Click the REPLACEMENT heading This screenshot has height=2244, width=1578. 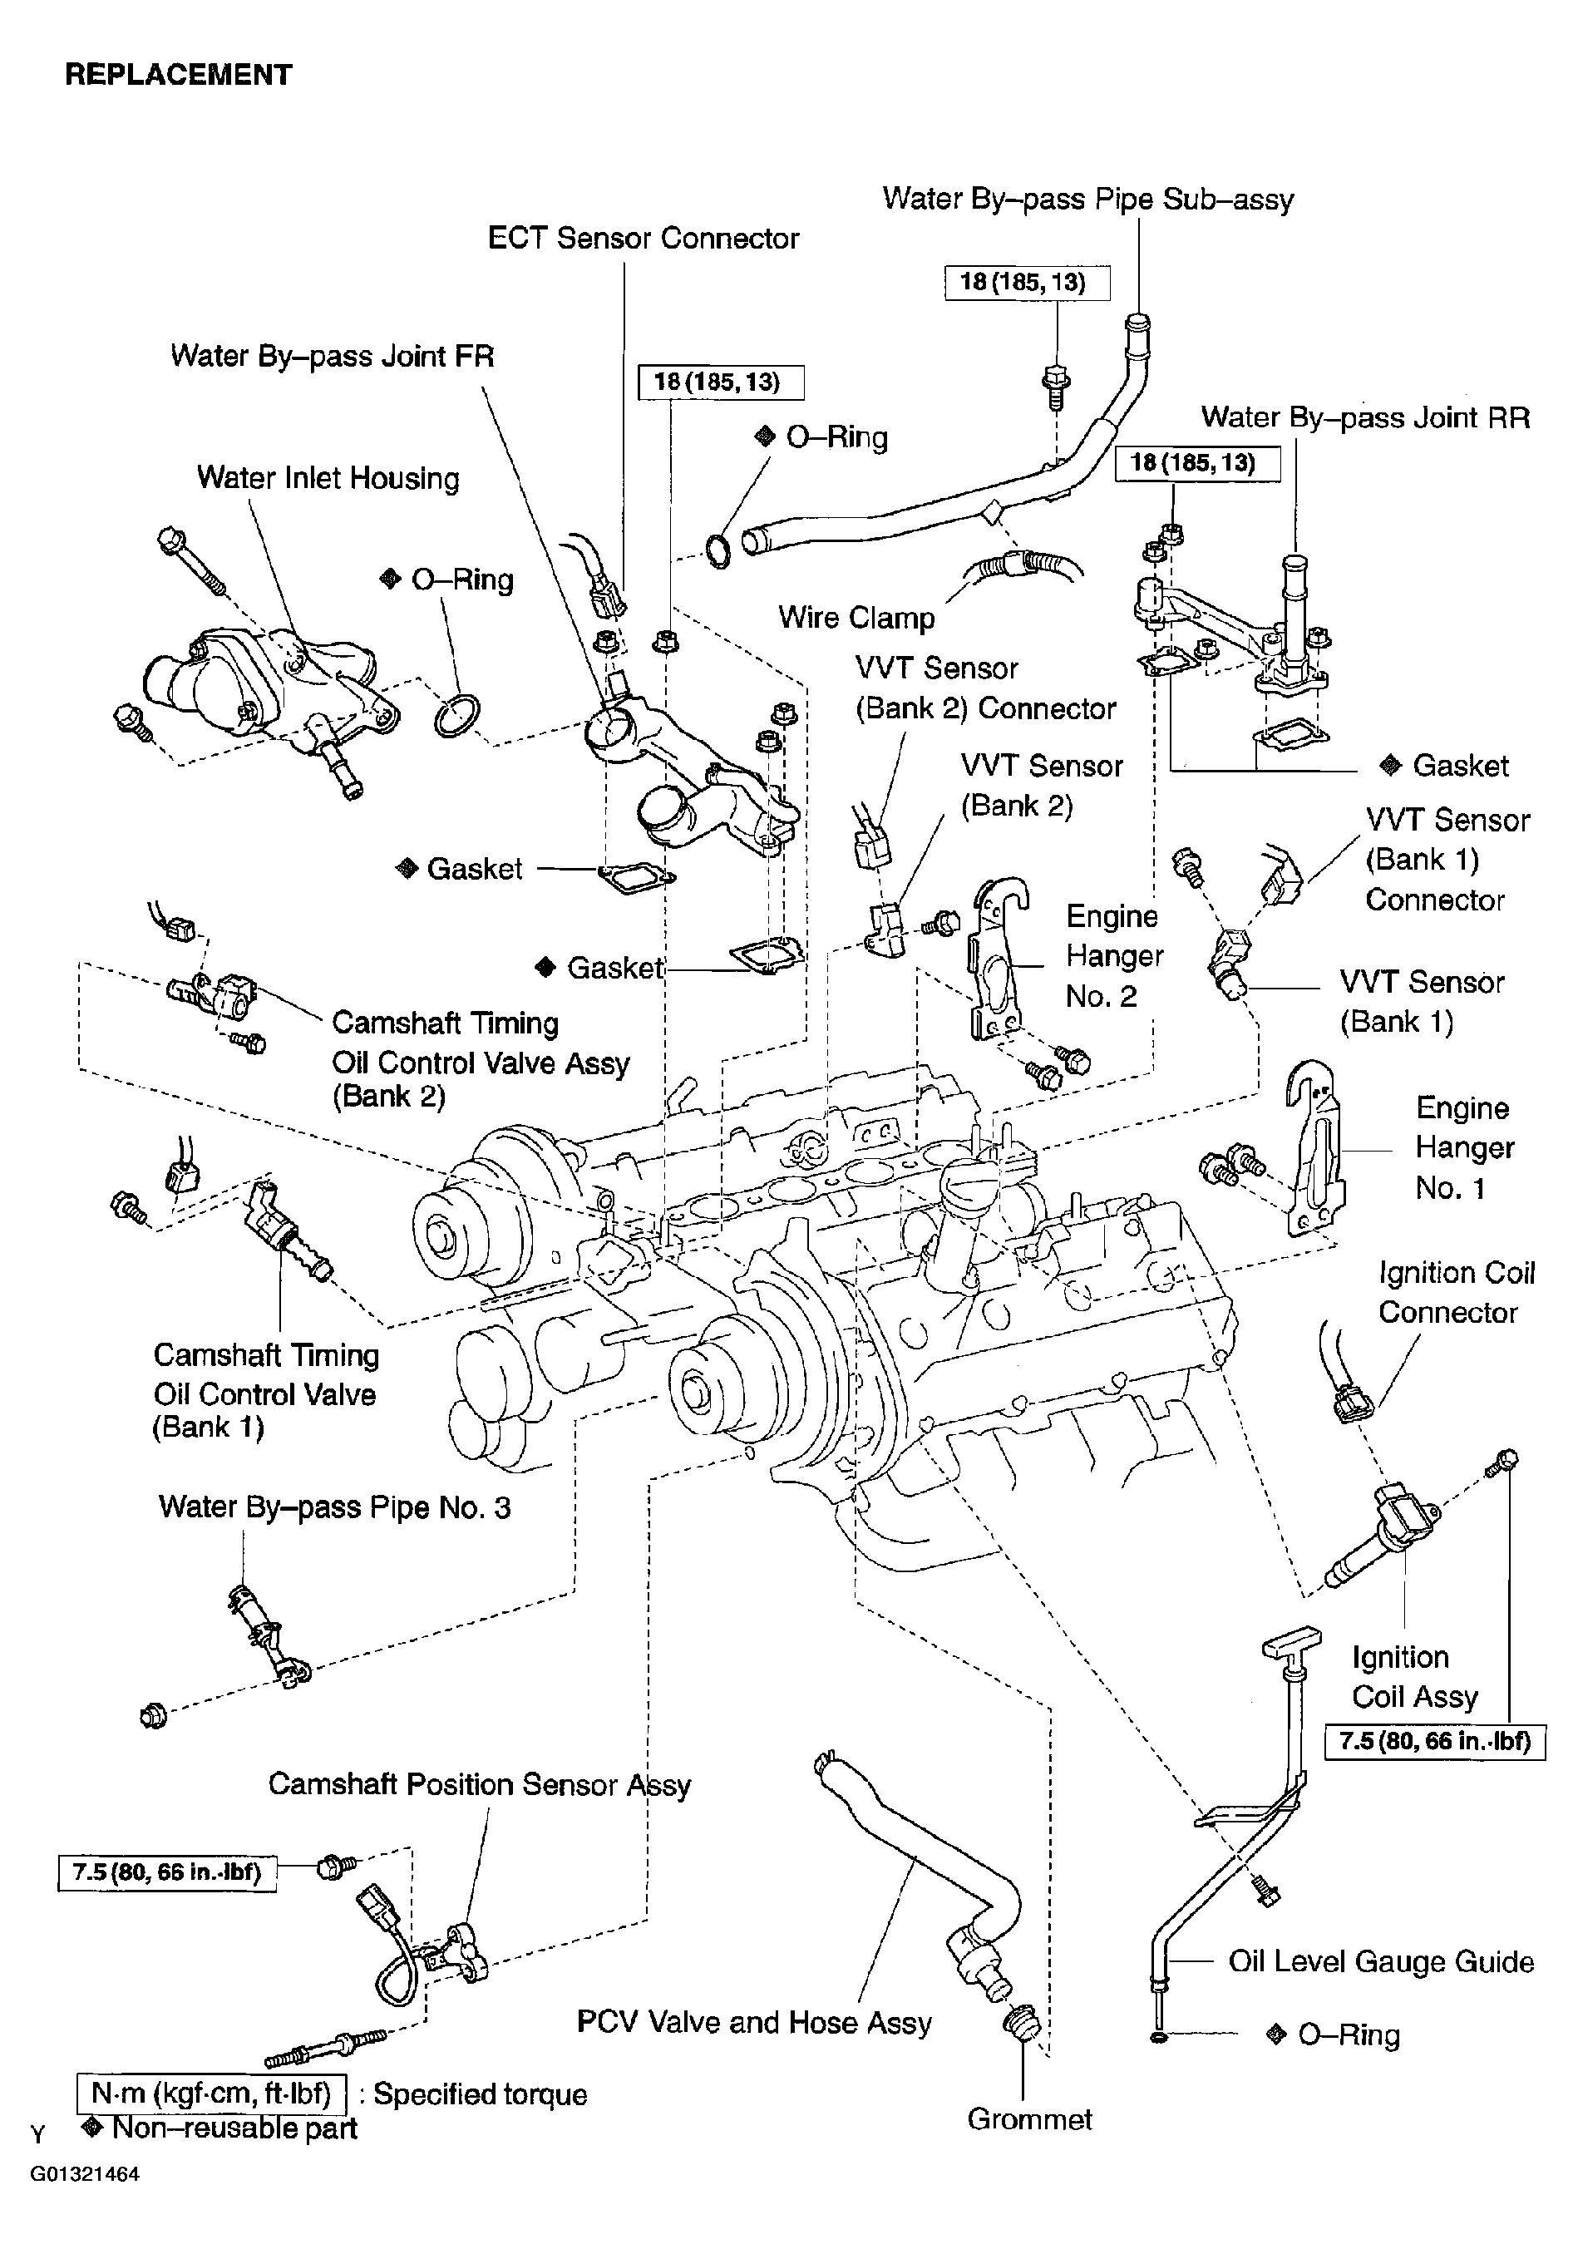(178, 76)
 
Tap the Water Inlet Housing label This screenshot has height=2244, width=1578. (328, 478)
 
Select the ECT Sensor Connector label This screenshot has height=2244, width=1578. (643, 239)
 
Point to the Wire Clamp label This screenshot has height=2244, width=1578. (856, 618)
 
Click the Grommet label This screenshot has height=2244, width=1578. (1029, 2119)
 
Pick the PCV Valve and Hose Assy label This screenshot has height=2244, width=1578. (753, 2022)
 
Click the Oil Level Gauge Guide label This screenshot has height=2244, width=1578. (1381, 1961)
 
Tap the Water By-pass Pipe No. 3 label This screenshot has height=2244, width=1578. (334, 1507)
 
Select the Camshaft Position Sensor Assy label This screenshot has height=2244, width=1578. (479, 1785)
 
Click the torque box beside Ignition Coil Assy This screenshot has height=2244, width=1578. (1434, 1742)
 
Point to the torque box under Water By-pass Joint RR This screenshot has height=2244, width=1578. (1197, 463)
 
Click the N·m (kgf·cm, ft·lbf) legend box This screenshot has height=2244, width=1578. (211, 2094)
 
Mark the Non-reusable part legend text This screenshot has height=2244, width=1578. (234, 2128)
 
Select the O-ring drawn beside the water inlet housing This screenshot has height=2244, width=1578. (456, 717)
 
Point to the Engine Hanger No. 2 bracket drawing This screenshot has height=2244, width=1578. (997, 958)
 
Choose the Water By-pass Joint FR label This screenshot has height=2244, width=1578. (333, 356)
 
